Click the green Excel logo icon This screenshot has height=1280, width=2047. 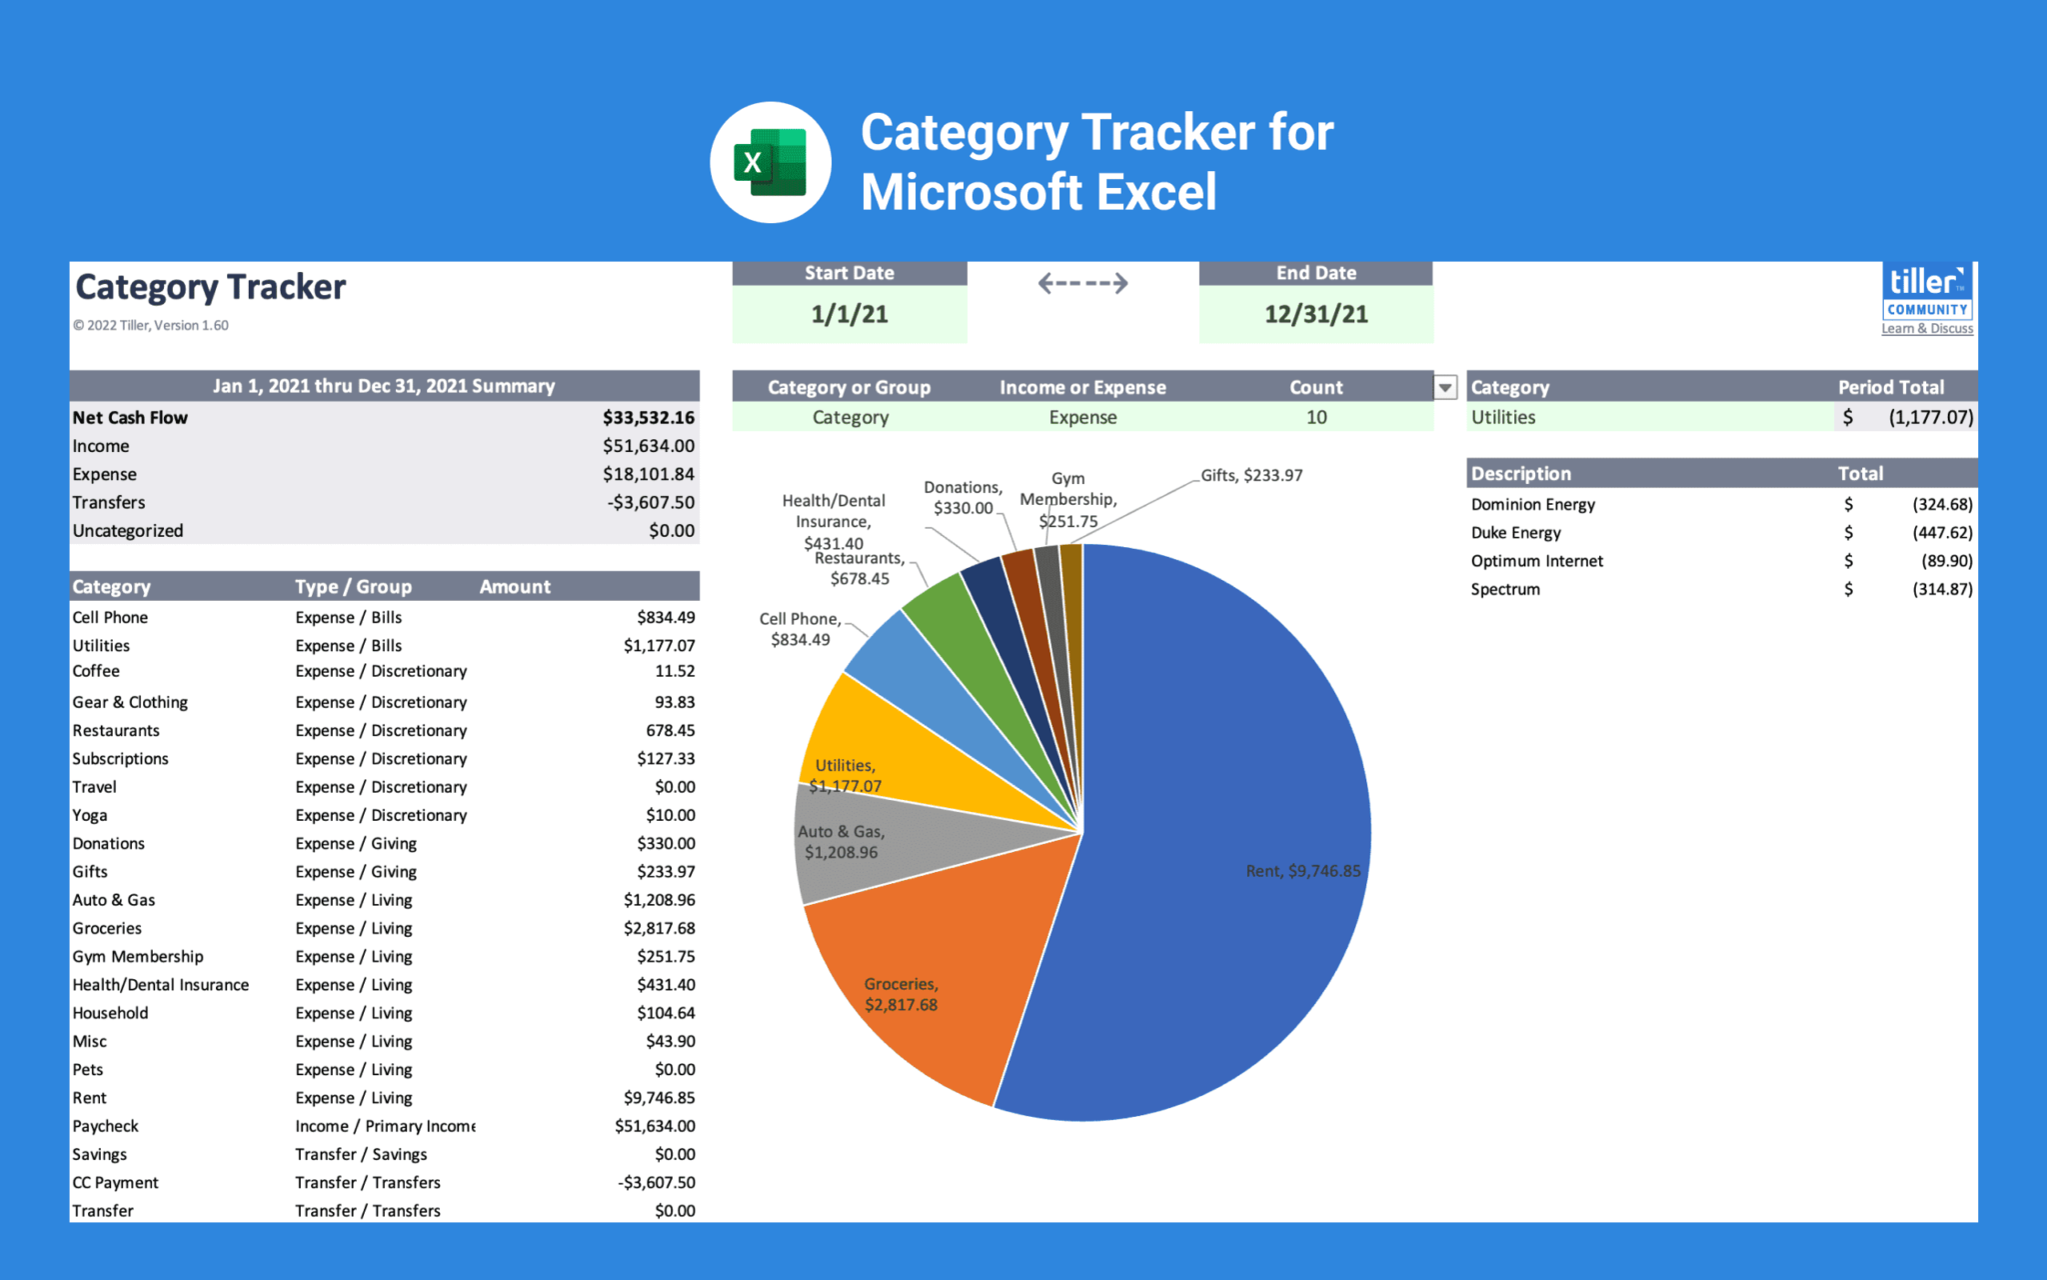[x=770, y=162]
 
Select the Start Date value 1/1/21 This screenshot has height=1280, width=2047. [x=849, y=314]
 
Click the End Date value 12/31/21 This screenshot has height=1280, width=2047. [x=1315, y=314]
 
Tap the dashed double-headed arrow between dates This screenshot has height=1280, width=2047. [x=1082, y=284]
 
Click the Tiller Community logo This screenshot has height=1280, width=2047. [x=1927, y=292]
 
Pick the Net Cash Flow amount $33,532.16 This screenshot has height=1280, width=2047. [x=648, y=418]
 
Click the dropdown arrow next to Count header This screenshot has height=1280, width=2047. [x=1445, y=387]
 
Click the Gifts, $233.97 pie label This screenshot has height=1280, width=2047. [x=1251, y=476]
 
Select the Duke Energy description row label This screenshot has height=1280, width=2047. [x=1515, y=533]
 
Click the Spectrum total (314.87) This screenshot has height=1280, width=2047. [x=1941, y=590]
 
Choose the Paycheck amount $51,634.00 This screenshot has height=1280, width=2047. [x=655, y=1126]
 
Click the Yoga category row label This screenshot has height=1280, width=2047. [x=90, y=816]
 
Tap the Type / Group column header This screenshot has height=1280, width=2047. [x=353, y=587]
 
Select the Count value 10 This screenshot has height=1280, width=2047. [x=1316, y=418]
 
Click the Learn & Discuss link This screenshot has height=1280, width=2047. [x=1927, y=329]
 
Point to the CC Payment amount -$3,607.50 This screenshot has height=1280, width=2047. [x=656, y=1183]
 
